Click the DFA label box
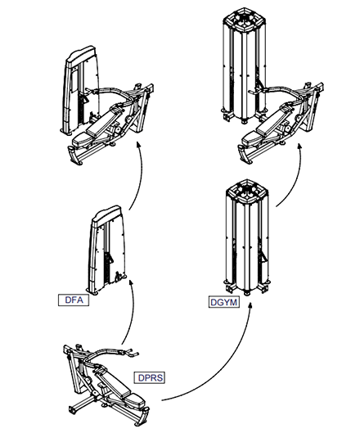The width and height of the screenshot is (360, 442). click(74, 300)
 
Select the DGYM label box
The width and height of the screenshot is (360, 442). click(224, 303)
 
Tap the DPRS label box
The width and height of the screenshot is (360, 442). click(150, 377)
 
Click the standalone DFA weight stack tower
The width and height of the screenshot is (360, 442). click(107, 251)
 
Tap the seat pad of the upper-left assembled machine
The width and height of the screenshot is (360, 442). click(83, 139)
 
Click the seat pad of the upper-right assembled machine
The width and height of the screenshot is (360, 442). click(252, 138)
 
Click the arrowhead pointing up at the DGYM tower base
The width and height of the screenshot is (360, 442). click(250, 306)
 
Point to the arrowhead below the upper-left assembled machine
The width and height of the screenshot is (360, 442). click(138, 145)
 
